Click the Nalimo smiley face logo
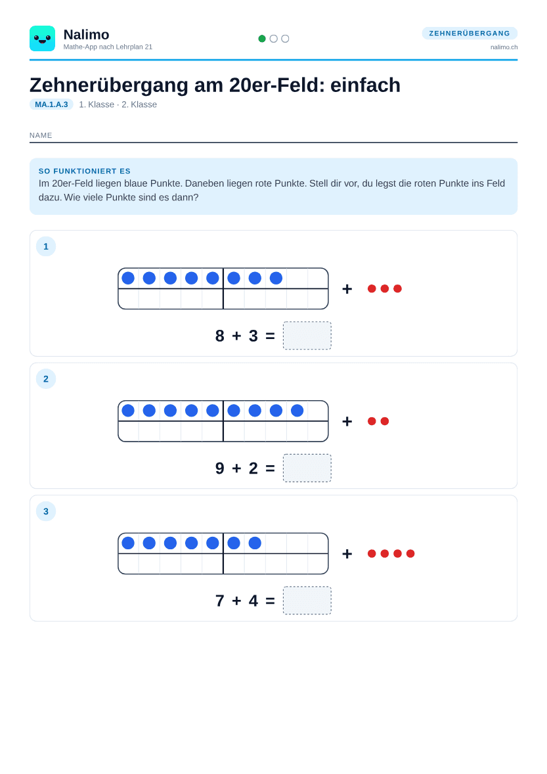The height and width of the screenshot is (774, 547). coord(43,39)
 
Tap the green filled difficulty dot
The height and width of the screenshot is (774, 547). coord(262,39)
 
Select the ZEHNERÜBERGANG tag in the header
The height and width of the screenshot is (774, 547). coord(470,33)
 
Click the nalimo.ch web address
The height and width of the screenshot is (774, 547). coord(504,47)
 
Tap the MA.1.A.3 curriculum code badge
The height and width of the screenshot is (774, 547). coord(51,104)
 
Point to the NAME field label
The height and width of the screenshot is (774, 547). coord(41,135)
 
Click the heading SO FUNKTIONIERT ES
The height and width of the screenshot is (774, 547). coord(84,171)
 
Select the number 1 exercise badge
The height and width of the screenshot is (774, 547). coord(46,246)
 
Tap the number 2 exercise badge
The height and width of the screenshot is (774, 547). coord(46,378)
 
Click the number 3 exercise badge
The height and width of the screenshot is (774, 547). coord(46,511)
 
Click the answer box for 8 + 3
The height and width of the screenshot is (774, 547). coord(307,336)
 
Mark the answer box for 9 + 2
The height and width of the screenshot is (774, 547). coord(307,468)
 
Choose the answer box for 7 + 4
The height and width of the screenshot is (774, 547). coord(307,601)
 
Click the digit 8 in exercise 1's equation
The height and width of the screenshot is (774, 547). coord(220,336)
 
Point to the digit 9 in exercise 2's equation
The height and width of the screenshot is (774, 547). coord(220,468)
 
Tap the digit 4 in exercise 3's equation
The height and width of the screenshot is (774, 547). coord(253,601)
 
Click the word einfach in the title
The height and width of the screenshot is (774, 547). coord(365,85)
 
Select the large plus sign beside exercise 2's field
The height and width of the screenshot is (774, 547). coord(347,421)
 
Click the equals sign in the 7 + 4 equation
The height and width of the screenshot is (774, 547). coord(271,601)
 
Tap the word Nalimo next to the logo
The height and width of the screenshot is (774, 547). coord(86,35)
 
